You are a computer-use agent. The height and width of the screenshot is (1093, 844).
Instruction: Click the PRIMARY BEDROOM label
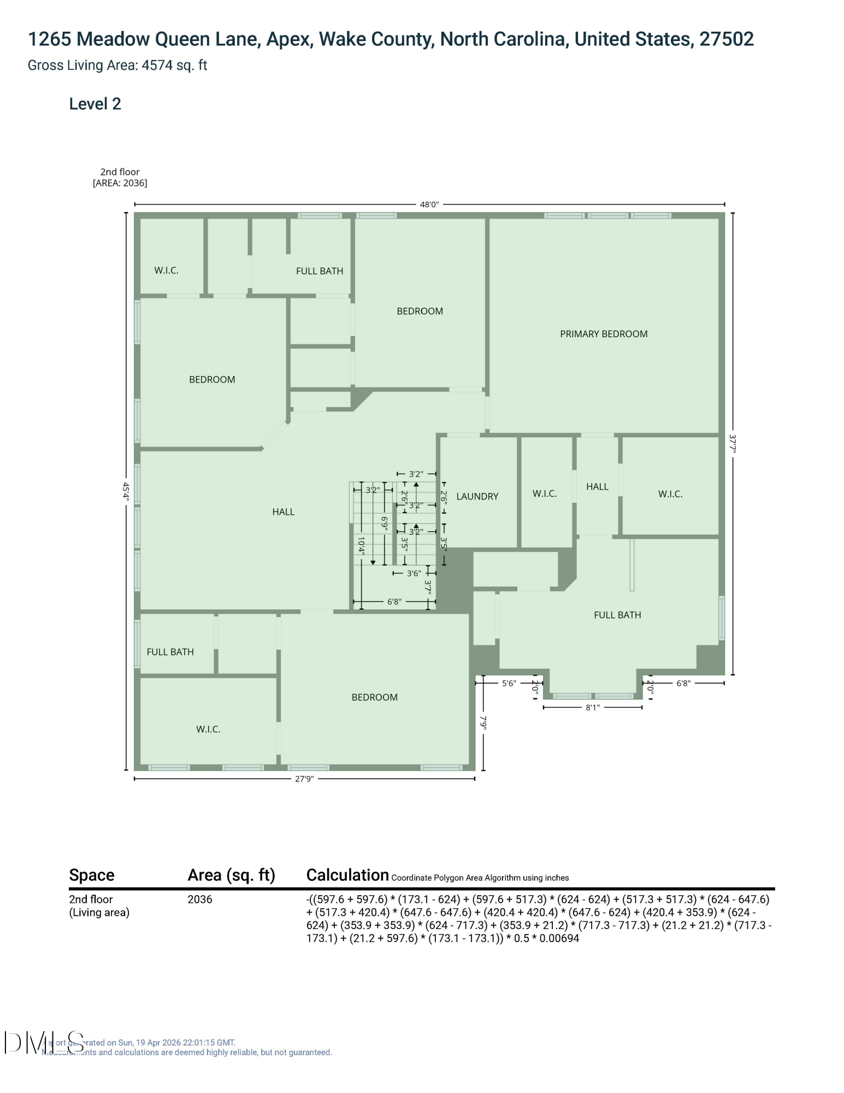pos(603,334)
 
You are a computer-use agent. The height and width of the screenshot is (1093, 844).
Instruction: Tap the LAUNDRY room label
pos(477,496)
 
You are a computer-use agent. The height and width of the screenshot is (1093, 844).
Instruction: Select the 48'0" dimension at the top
pos(429,204)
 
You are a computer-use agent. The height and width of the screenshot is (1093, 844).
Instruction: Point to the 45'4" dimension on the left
pos(126,491)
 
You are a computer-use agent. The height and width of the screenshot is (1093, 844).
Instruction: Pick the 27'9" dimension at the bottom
pos(304,779)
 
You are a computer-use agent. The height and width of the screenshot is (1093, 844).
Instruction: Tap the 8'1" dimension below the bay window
pos(592,707)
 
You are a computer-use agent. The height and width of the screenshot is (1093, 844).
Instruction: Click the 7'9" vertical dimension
pos(483,722)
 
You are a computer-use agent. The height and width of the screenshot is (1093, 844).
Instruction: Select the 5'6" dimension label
pos(509,683)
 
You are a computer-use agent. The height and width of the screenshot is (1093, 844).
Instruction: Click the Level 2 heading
pos(95,104)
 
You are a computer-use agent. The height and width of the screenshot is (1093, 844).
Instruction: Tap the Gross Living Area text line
pos(117,66)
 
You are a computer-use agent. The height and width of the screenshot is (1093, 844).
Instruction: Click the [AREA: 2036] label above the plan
pos(120,183)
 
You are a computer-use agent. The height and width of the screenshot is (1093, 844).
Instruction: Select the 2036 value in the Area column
pos(199,900)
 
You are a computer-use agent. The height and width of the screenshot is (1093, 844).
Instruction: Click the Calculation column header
pos(347,875)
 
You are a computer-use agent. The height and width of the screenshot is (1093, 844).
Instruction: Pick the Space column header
pos(91,875)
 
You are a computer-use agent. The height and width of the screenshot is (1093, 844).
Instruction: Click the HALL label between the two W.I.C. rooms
pos(597,486)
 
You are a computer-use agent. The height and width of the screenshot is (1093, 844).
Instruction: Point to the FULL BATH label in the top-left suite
pos(319,271)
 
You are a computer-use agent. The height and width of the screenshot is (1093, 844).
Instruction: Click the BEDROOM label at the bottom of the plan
pos(374,697)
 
